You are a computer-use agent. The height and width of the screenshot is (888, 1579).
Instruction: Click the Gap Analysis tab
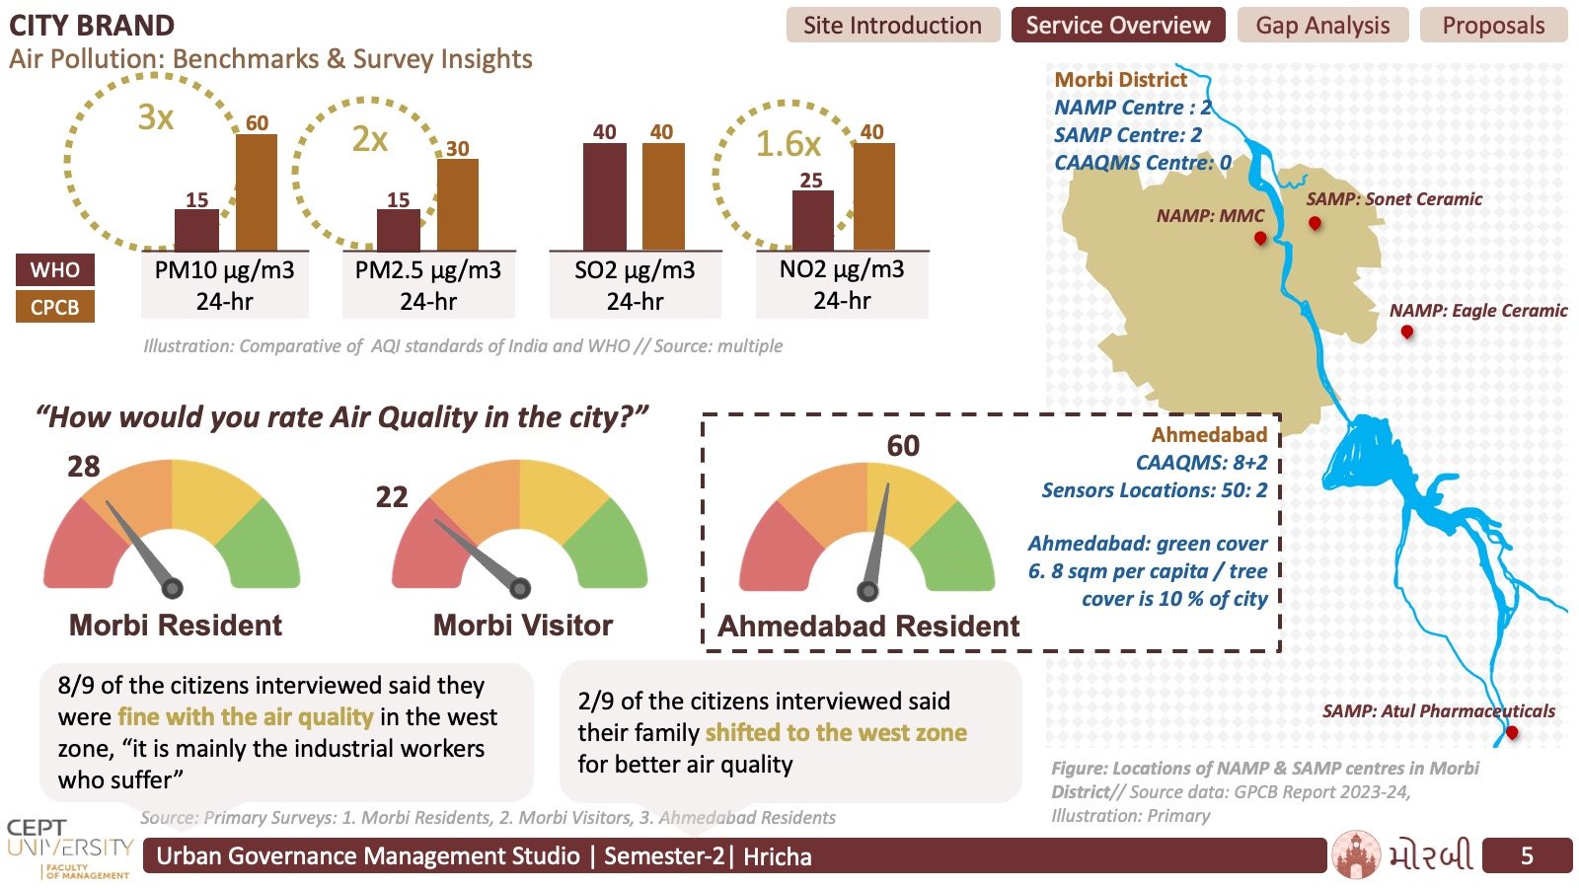(x=1322, y=26)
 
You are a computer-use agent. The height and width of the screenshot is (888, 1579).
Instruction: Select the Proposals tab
(x=1493, y=26)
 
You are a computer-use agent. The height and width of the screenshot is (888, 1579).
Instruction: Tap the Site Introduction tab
(x=892, y=26)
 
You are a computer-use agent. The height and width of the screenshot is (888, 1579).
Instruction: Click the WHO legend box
(x=55, y=270)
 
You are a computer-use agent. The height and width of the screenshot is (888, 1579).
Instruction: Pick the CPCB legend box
(x=55, y=307)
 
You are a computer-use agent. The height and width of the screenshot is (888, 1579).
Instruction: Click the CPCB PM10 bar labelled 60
(x=257, y=191)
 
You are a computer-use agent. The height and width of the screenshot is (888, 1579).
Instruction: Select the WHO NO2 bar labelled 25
(x=813, y=220)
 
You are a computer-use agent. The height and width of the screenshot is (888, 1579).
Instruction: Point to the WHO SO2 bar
(x=605, y=196)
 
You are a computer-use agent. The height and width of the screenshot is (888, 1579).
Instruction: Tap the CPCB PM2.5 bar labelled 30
(x=458, y=204)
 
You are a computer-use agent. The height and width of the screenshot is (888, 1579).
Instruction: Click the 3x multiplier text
(x=156, y=117)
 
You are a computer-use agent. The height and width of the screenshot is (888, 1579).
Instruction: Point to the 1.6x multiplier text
(x=789, y=144)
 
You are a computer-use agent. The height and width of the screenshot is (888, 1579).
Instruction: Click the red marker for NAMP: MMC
(x=1260, y=239)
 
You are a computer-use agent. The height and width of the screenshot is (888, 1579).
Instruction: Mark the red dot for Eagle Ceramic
(x=1407, y=332)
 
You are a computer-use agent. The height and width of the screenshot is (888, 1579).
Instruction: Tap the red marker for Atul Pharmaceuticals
(x=1511, y=733)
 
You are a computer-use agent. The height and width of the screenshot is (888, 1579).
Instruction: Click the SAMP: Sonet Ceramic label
(x=1393, y=199)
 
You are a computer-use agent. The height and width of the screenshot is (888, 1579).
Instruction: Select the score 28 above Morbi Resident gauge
(x=83, y=467)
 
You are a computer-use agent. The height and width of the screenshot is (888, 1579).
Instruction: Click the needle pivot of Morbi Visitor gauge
(x=520, y=588)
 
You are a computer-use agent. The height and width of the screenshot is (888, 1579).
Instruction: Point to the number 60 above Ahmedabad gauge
(x=903, y=446)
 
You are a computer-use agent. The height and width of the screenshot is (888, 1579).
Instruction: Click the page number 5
(x=1527, y=855)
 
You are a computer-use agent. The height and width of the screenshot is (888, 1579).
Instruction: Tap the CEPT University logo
(x=69, y=849)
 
